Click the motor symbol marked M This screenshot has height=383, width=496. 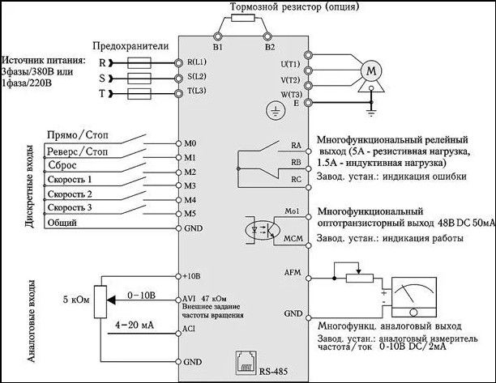coord(373,71)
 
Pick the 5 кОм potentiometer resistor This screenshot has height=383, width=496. coord(100,304)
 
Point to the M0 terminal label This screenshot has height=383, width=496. coord(190,142)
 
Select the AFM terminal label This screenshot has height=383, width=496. coord(293,274)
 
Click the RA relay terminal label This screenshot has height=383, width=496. coord(296,144)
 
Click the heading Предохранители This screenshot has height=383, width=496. coord(130,46)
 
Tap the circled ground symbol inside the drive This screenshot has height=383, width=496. coord(276,110)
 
